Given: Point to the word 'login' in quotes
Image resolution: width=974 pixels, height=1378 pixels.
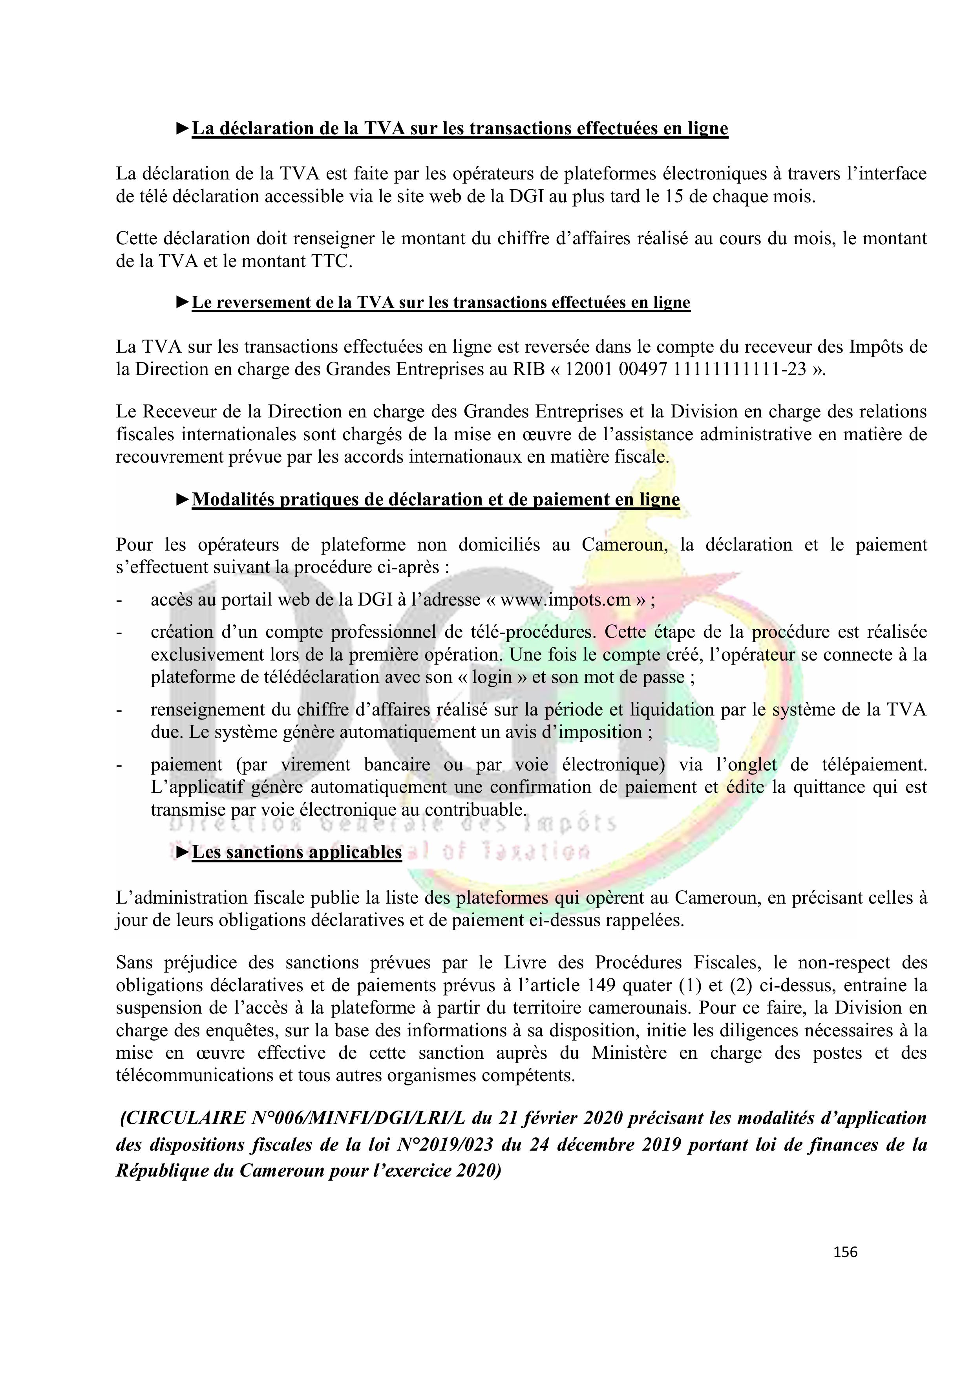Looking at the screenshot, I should (492, 677).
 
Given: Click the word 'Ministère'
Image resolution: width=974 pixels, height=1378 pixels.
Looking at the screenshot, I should (629, 1053).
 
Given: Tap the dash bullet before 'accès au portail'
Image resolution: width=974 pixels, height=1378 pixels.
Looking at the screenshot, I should (119, 600).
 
